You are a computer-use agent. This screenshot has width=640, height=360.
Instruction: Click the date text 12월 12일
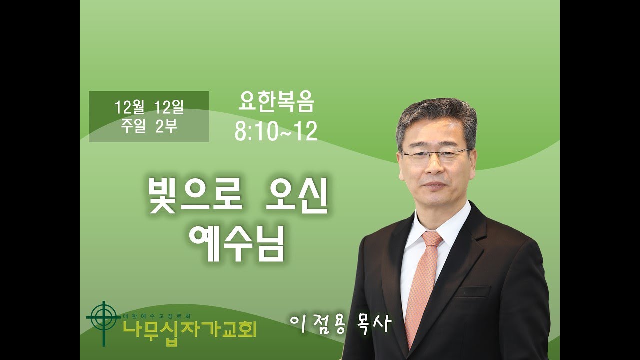coord(149,107)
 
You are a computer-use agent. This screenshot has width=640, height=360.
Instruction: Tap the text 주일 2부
coord(149,126)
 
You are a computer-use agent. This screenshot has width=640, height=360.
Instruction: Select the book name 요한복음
coord(276,104)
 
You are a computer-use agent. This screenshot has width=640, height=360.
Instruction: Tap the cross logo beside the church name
coord(103,320)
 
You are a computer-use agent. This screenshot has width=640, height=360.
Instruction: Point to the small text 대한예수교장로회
coord(158,316)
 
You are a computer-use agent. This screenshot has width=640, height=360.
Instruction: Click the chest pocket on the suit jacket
coord(472,290)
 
